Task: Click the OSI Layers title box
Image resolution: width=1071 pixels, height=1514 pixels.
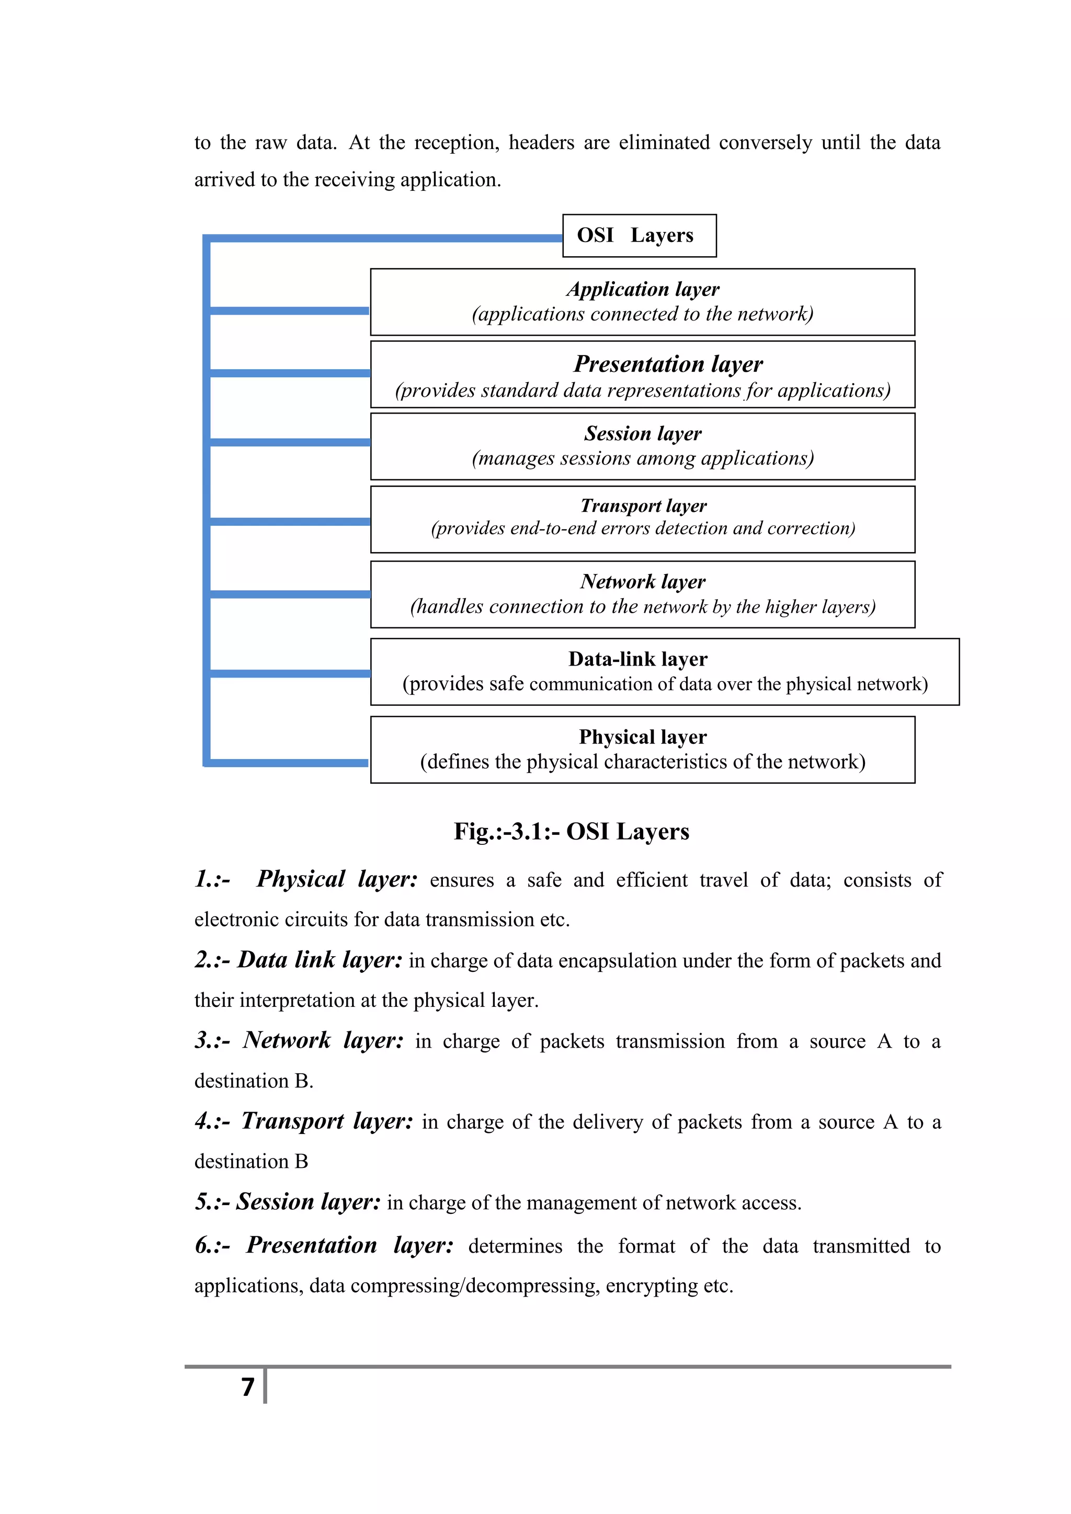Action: [639, 235]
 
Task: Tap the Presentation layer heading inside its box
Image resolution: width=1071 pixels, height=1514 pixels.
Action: [667, 364]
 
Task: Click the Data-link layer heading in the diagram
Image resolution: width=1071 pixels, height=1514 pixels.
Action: [637, 659]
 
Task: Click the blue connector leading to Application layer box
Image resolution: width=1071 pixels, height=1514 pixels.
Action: [289, 311]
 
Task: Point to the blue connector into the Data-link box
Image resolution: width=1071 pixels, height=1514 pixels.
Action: [289, 673]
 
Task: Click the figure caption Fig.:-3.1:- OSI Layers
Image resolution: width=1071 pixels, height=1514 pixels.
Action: [571, 832]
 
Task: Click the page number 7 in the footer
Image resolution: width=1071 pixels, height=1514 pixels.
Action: [247, 1387]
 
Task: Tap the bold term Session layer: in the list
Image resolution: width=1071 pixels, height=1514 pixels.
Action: [308, 1201]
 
